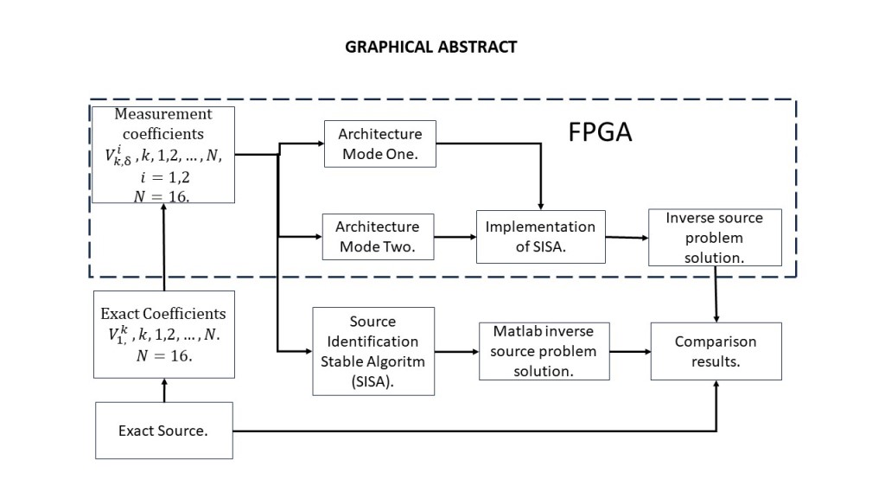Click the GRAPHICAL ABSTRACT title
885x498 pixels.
[430, 47]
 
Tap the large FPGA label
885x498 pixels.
[601, 132]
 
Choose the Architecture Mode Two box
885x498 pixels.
[377, 236]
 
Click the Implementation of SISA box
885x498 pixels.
[540, 236]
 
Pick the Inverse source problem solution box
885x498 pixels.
[716, 238]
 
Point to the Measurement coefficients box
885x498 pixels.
[163, 154]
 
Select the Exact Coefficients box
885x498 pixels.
[163, 334]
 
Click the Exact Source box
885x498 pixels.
[163, 430]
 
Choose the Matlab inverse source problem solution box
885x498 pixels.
[544, 351]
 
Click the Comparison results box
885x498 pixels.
[716, 351]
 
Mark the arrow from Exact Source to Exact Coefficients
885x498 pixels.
[163, 390]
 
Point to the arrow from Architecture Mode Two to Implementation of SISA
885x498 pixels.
[456, 236]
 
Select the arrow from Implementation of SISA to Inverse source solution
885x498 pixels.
[627, 238]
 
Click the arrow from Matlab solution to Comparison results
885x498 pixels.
[630, 351]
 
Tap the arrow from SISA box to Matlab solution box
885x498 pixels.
[455, 351]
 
